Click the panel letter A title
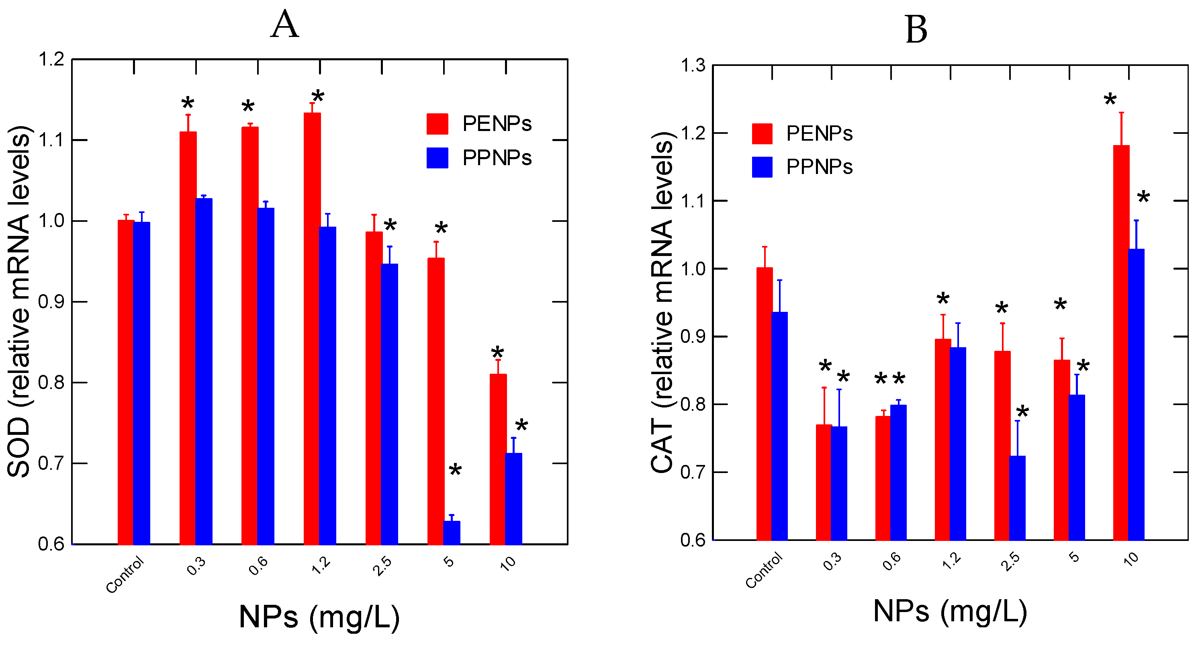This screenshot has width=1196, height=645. click(284, 24)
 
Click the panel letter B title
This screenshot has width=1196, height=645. click(916, 30)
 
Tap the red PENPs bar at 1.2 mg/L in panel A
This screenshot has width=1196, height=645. click(312, 325)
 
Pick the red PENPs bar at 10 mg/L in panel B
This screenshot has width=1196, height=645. click(1121, 344)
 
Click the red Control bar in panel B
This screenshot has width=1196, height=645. click(764, 404)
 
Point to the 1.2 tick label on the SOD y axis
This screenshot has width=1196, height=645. click(51, 59)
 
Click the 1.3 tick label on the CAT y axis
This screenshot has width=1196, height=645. click(693, 66)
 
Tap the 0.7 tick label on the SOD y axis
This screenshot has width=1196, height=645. click(51, 463)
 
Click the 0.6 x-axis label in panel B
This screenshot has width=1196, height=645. click(891, 561)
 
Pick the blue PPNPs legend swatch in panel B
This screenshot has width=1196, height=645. click(762, 167)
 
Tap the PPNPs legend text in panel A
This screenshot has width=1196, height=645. click(497, 158)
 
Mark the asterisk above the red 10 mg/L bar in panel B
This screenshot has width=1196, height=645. click(1110, 100)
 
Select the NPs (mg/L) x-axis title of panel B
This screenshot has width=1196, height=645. click(950, 610)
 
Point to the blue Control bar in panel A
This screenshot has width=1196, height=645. click(141, 383)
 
